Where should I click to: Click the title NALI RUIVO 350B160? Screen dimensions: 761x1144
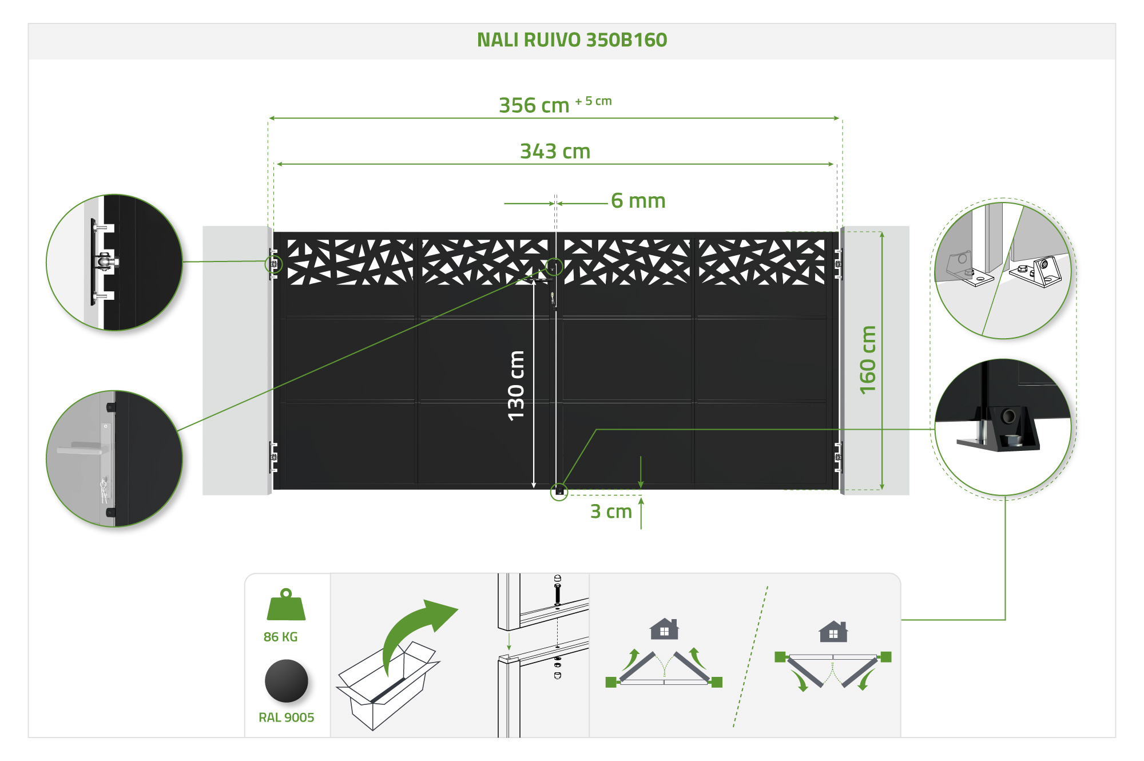click(572, 40)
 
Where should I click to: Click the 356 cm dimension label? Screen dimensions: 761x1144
click(534, 106)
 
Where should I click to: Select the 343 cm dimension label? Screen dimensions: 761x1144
click(555, 152)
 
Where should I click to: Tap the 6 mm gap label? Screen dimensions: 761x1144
click(638, 201)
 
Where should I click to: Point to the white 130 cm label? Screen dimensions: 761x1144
click(516, 386)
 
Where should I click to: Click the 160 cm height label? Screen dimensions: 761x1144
click(868, 360)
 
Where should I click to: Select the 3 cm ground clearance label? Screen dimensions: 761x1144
click(611, 512)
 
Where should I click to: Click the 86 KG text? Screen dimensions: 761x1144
click(280, 637)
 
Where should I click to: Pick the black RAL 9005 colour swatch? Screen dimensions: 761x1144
click(287, 681)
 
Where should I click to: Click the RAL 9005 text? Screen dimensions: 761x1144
click(286, 718)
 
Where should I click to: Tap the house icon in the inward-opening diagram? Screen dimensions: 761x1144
click(664, 629)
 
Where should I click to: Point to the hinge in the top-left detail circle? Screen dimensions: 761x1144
click(104, 262)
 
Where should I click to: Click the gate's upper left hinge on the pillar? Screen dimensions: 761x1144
click(274, 264)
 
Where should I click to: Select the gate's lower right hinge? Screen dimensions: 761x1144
click(838, 457)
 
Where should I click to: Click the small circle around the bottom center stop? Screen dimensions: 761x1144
click(559, 492)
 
